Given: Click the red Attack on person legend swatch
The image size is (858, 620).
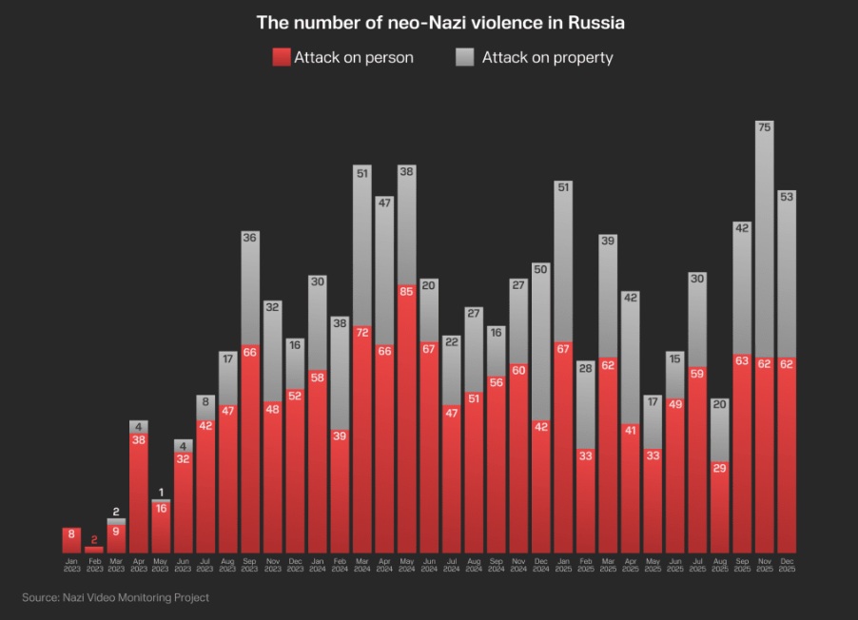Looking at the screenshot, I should click(x=281, y=57).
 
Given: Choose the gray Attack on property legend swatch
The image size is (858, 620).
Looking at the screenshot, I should click(x=464, y=57).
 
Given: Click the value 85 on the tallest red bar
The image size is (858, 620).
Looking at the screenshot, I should click(x=406, y=291).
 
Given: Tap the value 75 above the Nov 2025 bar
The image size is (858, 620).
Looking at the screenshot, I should click(x=764, y=126).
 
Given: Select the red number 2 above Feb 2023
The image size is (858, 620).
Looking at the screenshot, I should click(x=94, y=540).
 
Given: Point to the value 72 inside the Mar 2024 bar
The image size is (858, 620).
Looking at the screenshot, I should click(x=362, y=333).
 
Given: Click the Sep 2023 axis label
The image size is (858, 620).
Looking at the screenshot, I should click(x=250, y=565).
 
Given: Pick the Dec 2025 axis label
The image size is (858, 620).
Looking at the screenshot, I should click(x=787, y=565).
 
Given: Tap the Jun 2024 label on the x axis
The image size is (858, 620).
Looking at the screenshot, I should click(x=429, y=565).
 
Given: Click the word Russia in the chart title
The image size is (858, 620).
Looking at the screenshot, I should click(x=595, y=21).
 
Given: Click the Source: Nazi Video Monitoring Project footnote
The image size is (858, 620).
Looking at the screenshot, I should click(x=115, y=597).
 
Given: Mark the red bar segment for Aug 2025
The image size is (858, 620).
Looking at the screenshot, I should click(x=720, y=509).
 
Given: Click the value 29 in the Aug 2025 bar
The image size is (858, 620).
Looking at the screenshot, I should click(x=720, y=469).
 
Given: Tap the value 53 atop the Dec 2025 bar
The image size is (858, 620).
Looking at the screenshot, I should click(x=787, y=197).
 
